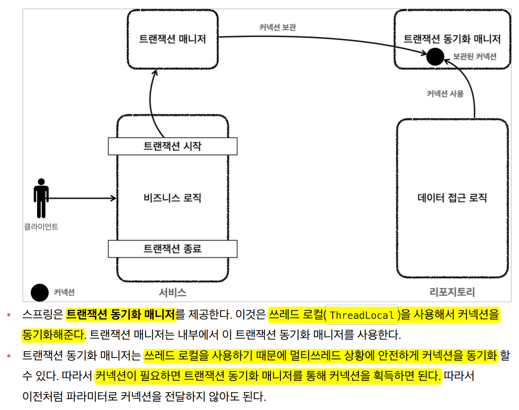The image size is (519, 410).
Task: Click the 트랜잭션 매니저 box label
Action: (x=172, y=39)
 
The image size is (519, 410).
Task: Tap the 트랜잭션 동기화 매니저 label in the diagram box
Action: (x=452, y=39)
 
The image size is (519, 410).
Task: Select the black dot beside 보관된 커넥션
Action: (x=435, y=56)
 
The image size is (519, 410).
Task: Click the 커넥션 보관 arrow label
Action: (x=277, y=27)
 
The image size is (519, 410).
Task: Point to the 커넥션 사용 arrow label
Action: (x=445, y=93)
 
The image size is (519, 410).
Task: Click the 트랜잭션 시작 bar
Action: (x=172, y=146)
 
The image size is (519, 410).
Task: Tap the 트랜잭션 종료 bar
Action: (x=172, y=249)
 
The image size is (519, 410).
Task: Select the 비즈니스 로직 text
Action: (x=172, y=198)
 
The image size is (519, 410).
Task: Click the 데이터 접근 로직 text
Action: (x=452, y=198)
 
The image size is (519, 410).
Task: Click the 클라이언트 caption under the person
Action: (x=41, y=226)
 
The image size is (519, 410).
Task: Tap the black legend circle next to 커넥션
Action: (x=39, y=292)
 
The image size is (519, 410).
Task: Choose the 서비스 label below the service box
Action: (x=172, y=292)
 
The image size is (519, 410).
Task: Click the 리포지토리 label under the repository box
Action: (x=452, y=292)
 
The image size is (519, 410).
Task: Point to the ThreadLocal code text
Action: (x=362, y=315)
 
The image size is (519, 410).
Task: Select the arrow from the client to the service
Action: (x=82, y=199)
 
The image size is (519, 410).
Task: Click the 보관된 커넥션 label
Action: (x=474, y=57)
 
